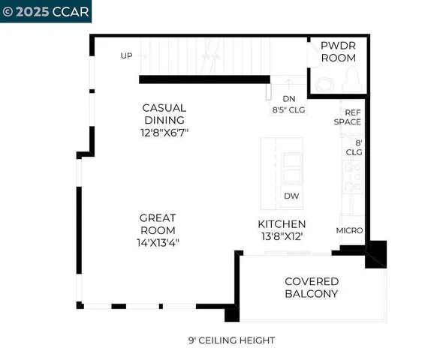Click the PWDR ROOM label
coord(339,52)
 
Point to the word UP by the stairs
coord(127,55)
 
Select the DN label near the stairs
coord(289,97)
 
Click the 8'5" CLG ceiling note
coord(289,108)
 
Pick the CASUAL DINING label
coord(164,114)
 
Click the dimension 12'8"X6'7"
coord(164,133)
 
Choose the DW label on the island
coord(292,196)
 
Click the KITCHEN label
coord(282,224)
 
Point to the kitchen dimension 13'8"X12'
coord(282,236)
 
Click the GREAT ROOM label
coord(158,224)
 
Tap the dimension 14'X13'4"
coord(158,242)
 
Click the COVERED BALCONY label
coord(311,288)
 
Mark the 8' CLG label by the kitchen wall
coord(354,146)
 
